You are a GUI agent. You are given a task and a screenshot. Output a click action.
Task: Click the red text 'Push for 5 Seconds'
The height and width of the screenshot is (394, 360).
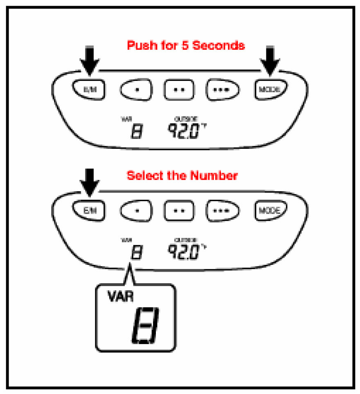(186, 45)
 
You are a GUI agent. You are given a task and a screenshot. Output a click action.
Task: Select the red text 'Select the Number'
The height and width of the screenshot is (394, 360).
(182, 176)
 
